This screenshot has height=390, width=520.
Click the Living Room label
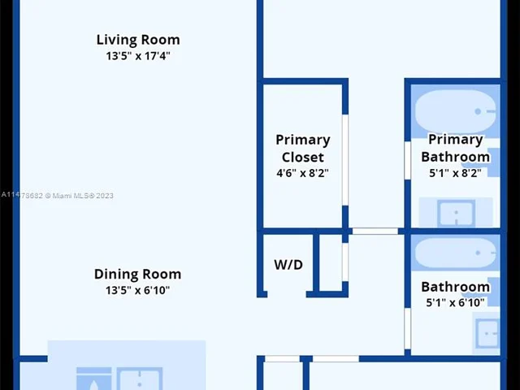click(138, 40)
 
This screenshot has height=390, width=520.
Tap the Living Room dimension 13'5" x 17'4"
click(138, 56)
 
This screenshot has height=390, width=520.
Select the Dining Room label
click(137, 274)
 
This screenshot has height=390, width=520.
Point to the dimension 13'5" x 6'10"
click(137, 290)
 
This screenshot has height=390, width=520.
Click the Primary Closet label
click(302, 148)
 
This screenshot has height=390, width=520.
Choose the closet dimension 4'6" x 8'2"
click(302, 173)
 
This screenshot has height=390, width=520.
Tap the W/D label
click(288, 265)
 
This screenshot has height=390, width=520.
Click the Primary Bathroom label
click(455, 148)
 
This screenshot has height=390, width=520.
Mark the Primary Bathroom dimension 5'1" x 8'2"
click(455, 173)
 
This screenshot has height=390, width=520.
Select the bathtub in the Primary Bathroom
click(455, 111)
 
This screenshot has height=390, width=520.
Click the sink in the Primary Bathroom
click(456, 214)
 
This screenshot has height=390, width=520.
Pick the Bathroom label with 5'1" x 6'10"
click(455, 287)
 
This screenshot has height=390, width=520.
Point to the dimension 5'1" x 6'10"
click(455, 303)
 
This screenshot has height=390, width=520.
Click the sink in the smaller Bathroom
click(487, 331)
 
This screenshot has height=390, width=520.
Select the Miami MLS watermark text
click(57, 195)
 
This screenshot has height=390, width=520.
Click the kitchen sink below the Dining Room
click(140, 379)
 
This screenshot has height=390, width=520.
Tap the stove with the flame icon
click(93, 379)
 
